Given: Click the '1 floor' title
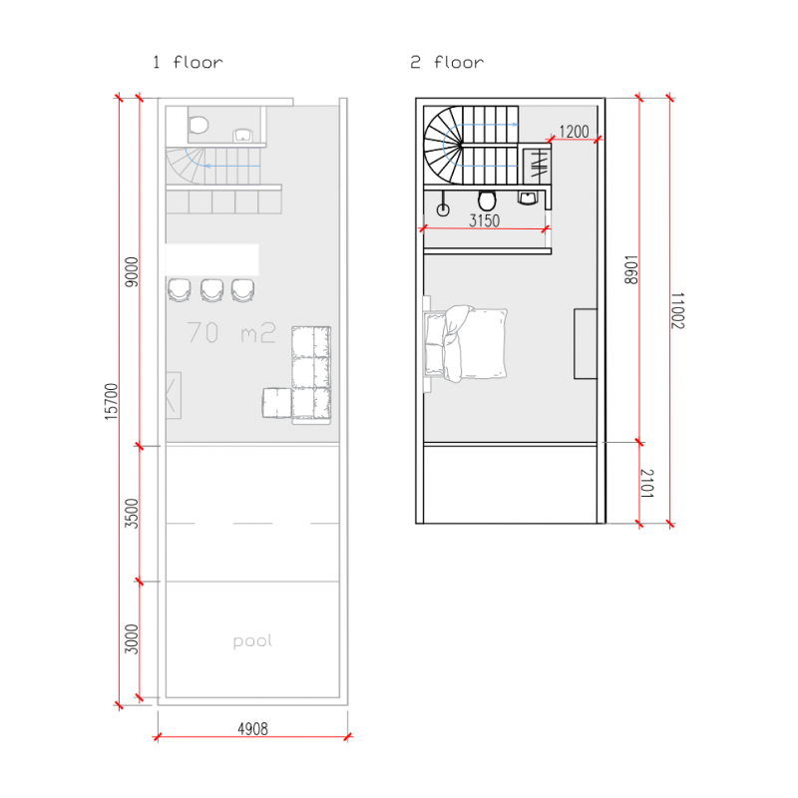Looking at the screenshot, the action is (x=188, y=63).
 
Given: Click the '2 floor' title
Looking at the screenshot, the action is (x=447, y=63).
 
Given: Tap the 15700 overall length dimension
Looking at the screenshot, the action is (x=111, y=402).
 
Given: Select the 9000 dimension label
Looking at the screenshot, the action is (x=132, y=272).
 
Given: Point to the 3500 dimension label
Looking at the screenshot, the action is (x=132, y=514).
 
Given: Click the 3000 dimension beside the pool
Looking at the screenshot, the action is (x=132, y=639).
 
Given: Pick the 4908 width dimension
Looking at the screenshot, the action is (x=253, y=729).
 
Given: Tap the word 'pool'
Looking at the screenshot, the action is (x=252, y=641).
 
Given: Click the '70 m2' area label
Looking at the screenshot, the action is (x=231, y=332).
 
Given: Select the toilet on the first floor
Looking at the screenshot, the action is (x=199, y=124).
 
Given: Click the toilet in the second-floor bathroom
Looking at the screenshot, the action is (x=487, y=200).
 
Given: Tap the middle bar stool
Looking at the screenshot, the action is (x=211, y=290).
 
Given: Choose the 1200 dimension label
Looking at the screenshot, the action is (x=575, y=132).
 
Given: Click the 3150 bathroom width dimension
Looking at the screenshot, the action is (x=485, y=220).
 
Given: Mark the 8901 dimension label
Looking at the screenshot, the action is (x=631, y=269).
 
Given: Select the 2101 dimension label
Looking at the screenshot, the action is (x=646, y=484).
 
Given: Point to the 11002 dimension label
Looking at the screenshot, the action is (x=677, y=310).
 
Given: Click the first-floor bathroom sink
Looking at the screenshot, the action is (x=243, y=136).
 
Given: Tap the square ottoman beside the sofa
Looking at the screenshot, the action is (x=277, y=403).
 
